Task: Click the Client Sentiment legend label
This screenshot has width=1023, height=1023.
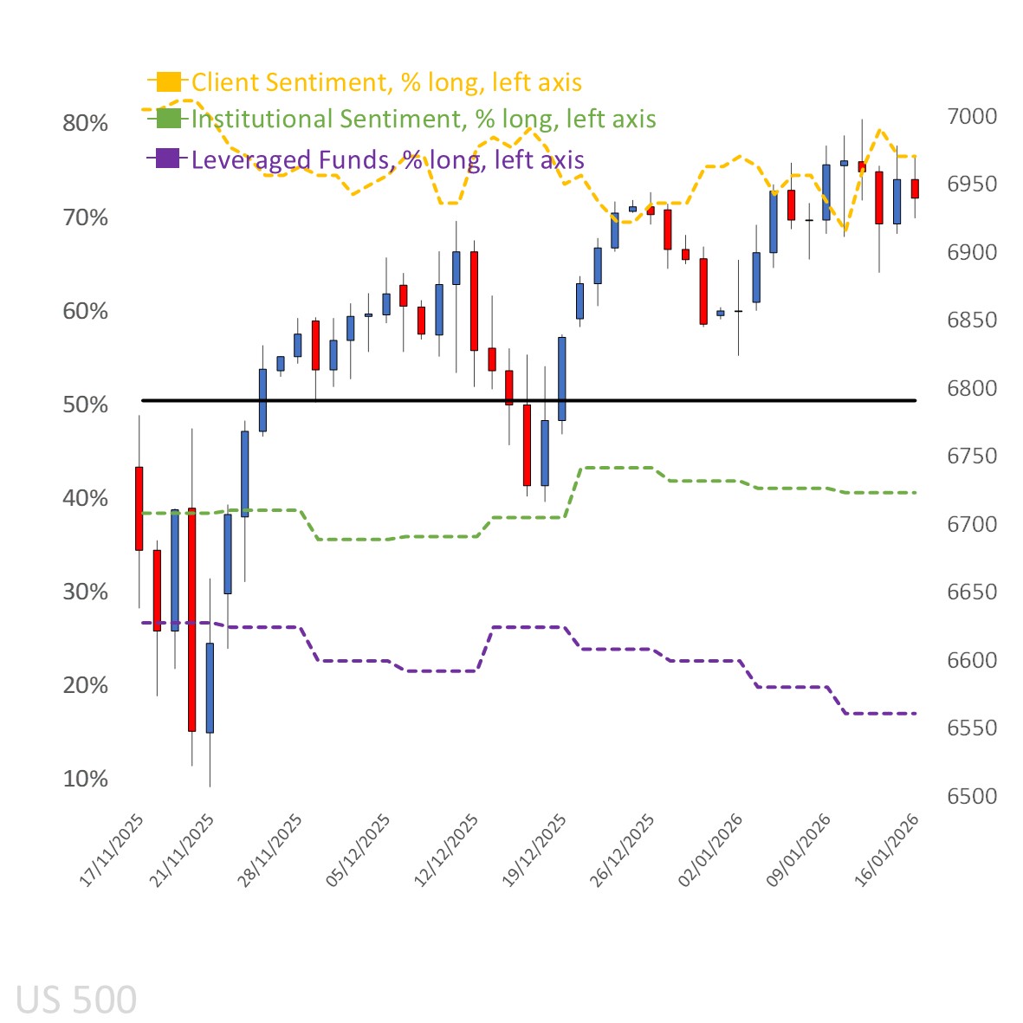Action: tap(386, 82)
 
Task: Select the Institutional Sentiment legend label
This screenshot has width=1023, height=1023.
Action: tap(424, 119)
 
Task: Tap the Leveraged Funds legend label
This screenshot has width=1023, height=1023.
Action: tap(387, 159)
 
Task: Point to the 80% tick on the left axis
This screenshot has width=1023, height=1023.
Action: tap(85, 123)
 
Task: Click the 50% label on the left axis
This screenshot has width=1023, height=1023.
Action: tap(85, 405)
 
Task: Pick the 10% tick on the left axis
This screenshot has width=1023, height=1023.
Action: tap(85, 779)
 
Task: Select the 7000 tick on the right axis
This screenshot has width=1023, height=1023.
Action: tap(971, 116)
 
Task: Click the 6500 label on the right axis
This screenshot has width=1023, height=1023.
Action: tap(971, 796)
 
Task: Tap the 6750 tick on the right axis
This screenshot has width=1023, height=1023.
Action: tap(971, 456)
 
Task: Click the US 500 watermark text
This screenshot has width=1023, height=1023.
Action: tap(76, 1000)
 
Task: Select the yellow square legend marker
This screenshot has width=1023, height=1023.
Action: tap(169, 81)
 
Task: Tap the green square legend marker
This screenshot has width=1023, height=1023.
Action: tap(169, 118)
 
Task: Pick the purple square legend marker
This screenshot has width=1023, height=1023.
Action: tap(169, 159)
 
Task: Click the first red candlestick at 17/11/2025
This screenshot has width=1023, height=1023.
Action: tap(139, 508)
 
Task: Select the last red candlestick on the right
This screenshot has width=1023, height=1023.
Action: tap(915, 189)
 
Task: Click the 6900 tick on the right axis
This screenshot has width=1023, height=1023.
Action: tap(971, 252)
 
